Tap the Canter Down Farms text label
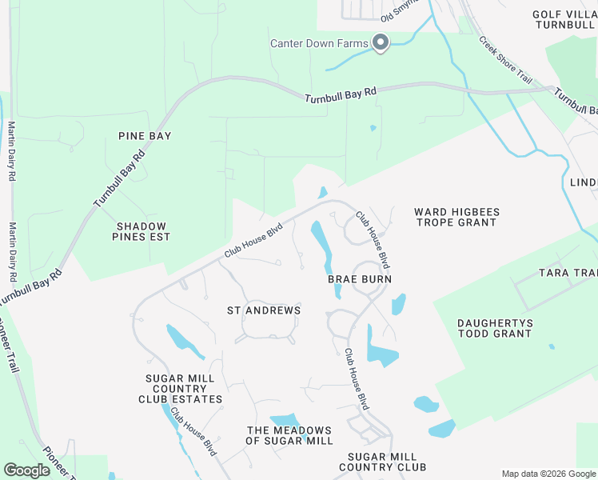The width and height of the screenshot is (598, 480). pos(319,43)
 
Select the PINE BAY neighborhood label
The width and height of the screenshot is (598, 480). pos(145,136)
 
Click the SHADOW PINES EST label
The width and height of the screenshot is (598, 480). pos(143,232)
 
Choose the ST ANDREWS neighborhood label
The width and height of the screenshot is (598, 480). pos(264,310)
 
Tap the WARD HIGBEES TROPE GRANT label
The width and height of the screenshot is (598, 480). pos(456,218)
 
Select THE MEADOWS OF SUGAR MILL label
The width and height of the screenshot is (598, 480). pos(289,436)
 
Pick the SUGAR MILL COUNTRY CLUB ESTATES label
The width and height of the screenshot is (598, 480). pos(181,389)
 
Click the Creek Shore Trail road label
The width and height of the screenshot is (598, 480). pos(505,60)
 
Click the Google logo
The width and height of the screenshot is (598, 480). pos(26,470)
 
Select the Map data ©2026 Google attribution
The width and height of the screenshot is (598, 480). pos(548,474)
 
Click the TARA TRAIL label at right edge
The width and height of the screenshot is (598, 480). pos(571,273)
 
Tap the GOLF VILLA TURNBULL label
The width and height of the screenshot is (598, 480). pos(564,21)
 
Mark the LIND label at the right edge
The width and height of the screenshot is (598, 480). pos(583,182)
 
